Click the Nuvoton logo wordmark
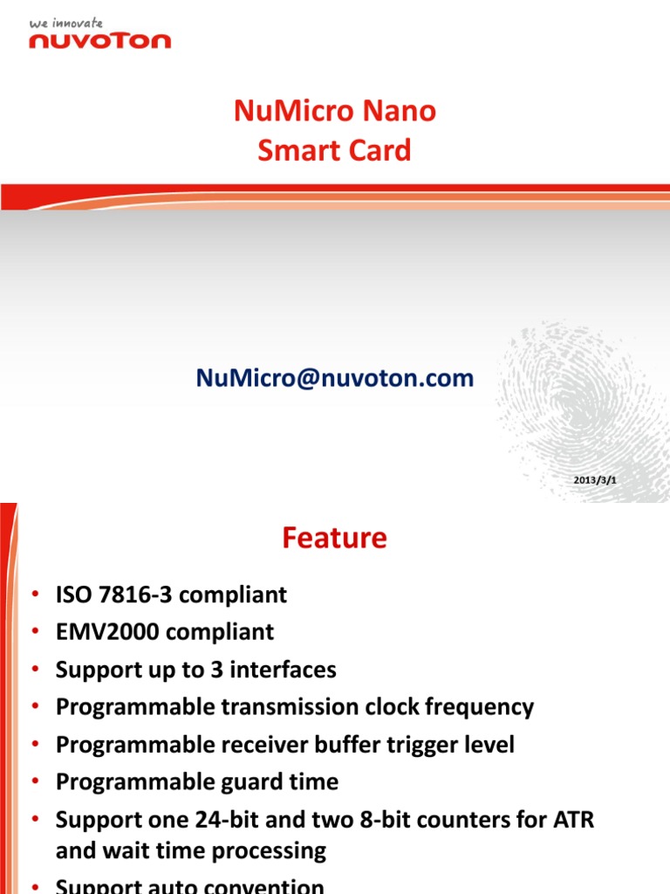click(100, 39)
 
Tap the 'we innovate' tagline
click(66, 23)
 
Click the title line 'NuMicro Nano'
click(335, 112)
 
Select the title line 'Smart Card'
click(335, 150)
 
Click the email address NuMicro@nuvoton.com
click(335, 378)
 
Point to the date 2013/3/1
click(595, 481)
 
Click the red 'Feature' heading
click(334, 539)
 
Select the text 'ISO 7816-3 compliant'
click(171, 595)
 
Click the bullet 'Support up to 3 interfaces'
click(195, 670)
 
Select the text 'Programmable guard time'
click(197, 782)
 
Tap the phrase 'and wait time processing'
click(191, 850)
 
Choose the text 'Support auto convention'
click(189, 886)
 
